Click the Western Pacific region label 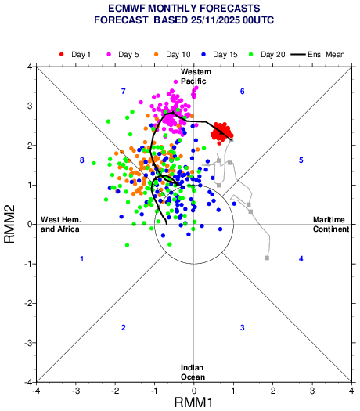(x=193, y=76)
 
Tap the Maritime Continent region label (x=329, y=224)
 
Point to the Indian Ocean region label (x=193, y=372)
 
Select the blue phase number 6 (x=243, y=92)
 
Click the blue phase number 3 (x=243, y=327)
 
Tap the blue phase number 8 (x=81, y=160)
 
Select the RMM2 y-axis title (x=10, y=224)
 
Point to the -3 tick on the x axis (x=75, y=389)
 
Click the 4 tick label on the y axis (x=29, y=67)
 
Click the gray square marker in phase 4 (x=267, y=258)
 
